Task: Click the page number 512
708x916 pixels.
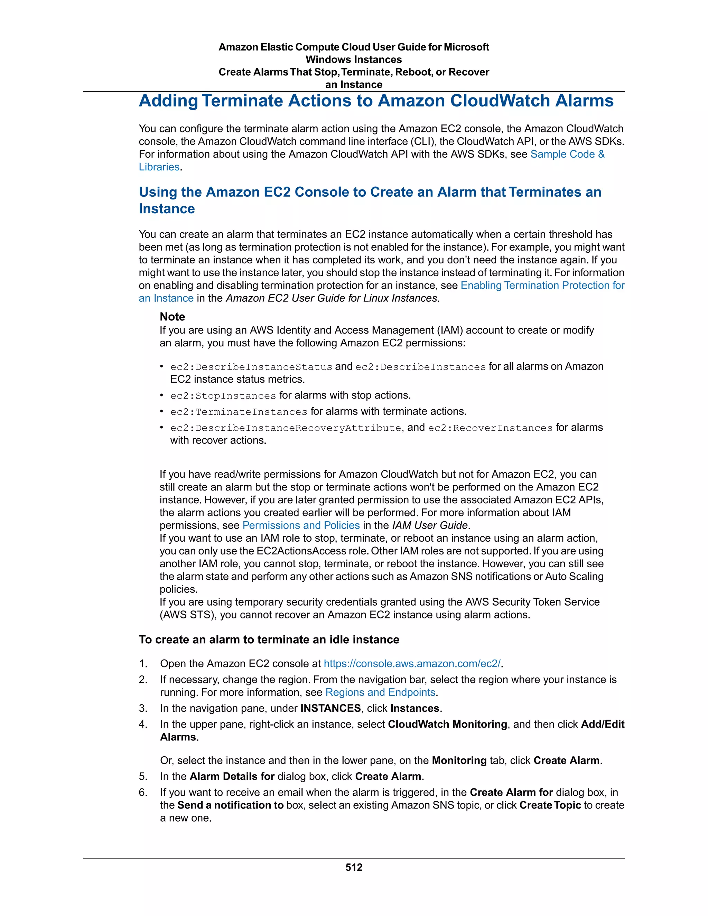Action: [354, 867]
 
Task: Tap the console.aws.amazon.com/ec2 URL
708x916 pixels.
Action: [412, 664]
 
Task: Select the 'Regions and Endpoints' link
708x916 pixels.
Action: [380, 692]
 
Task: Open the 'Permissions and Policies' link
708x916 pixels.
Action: [301, 525]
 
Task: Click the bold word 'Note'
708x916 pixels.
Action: [173, 317]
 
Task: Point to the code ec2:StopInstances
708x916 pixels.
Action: [223, 395]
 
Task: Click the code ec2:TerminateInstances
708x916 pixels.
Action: [238, 412]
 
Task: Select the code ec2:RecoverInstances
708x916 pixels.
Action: [490, 428]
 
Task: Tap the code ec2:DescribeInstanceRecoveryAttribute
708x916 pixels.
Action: [286, 428]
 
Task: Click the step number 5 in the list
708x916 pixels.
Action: [143, 776]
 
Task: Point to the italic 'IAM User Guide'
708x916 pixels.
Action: [429, 525]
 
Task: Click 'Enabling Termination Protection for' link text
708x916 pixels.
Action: [542, 285]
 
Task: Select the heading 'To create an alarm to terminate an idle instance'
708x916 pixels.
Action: [269, 639]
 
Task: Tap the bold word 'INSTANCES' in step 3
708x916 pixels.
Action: [330, 708]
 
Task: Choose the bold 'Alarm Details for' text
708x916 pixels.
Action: [232, 776]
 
